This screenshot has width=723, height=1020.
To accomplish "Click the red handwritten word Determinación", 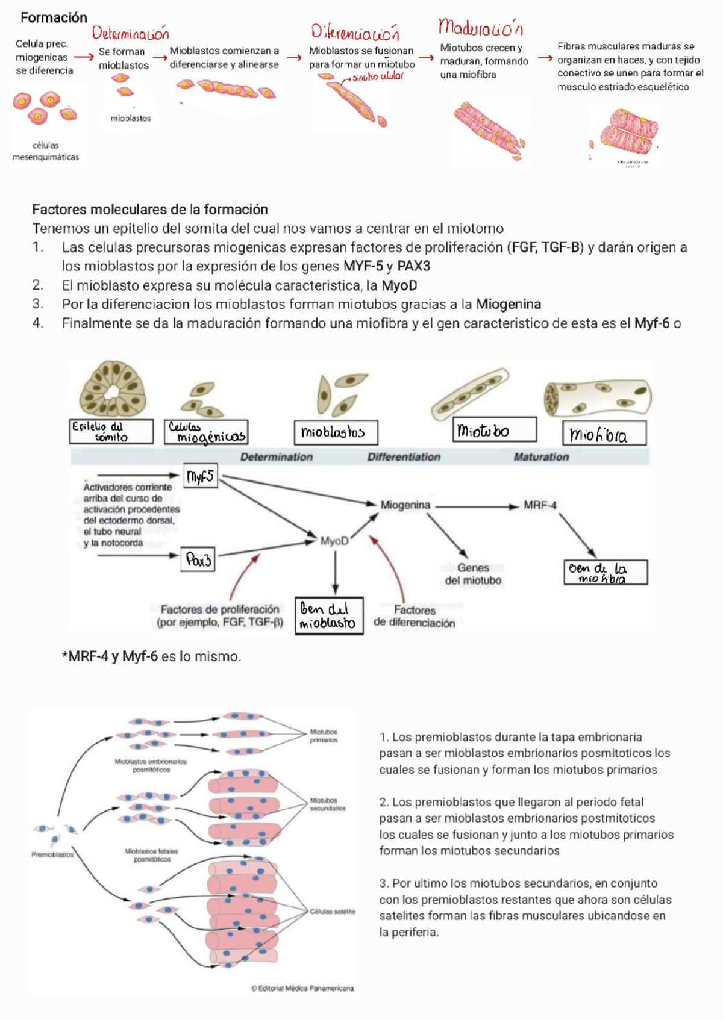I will (x=130, y=33).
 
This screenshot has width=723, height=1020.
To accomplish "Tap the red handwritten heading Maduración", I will (x=480, y=28).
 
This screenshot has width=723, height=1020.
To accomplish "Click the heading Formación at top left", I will (x=54, y=17).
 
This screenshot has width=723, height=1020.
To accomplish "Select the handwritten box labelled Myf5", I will (x=200, y=477).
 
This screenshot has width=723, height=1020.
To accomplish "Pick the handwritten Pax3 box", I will (x=198, y=560).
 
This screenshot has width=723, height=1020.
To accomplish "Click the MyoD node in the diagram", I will (x=334, y=541).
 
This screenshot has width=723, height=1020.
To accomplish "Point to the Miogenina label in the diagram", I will (x=405, y=505).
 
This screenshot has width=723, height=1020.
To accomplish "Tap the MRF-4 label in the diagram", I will (x=540, y=505).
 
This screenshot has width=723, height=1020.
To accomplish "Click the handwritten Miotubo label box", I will (x=494, y=430).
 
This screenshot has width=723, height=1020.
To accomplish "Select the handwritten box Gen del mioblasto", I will (x=329, y=615).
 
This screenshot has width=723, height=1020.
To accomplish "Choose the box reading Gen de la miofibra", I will (x=605, y=572).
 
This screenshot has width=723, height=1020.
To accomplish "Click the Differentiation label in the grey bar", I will (x=404, y=457).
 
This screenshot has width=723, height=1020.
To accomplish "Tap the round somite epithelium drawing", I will (x=113, y=390).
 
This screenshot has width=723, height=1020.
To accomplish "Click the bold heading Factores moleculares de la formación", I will (x=149, y=210).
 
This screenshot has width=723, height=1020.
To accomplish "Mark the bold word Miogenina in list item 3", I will (x=508, y=304).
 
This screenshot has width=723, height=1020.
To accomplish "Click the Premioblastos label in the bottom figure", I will (x=52, y=854).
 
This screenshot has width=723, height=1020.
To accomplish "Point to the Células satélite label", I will (x=332, y=912).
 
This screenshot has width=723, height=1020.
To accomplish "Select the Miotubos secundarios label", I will (x=327, y=804).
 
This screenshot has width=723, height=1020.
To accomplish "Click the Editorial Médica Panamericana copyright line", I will (x=302, y=988).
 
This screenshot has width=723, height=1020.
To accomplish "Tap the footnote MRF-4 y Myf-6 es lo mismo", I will (x=151, y=656).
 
